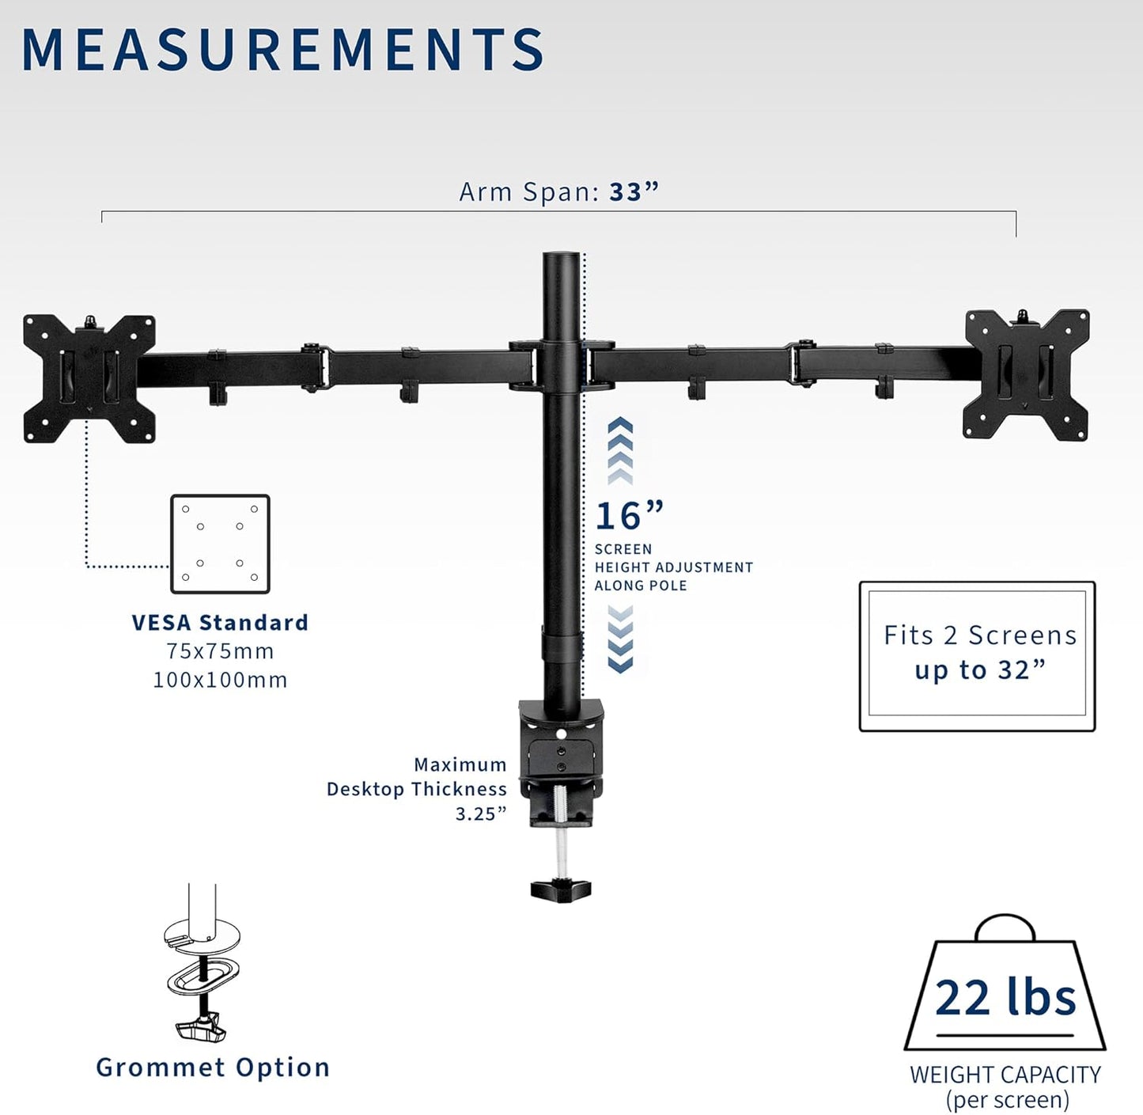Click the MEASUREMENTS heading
point(282,50)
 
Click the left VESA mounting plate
point(89,378)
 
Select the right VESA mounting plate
point(1026,375)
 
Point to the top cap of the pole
point(562,258)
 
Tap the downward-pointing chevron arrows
point(620,639)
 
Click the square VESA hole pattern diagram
point(220,544)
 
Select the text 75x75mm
point(220,651)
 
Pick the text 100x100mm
point(220,680)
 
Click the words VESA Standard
point(220,623)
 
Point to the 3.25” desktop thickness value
point(480,813)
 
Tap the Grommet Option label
point(213,1068)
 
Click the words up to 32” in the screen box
point(979,670)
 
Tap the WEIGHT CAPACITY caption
point(1005,1075)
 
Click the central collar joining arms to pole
point(562,366)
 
